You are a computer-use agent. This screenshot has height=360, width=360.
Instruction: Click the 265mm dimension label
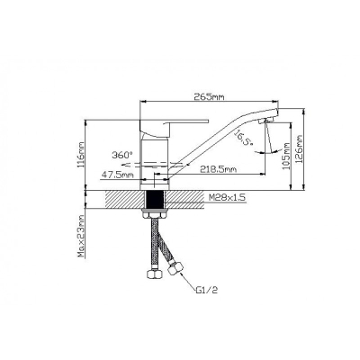[x=209, y=96]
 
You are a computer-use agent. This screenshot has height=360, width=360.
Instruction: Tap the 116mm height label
[x=81, y=155]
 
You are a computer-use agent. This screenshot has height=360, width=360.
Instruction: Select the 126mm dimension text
[x=299, y=149]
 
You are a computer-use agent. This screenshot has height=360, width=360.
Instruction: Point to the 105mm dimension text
[x=286, y=156]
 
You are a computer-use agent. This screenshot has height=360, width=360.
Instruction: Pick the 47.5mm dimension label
[x=117, y=175]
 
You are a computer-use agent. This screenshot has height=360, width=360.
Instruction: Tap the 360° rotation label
[x=122, y=155]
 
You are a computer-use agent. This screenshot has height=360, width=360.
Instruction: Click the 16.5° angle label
[x=243, y=138]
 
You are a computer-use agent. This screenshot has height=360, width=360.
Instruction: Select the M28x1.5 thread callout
[x=227, y=197]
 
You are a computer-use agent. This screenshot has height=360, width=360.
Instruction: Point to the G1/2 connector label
[x=206, y=290]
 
